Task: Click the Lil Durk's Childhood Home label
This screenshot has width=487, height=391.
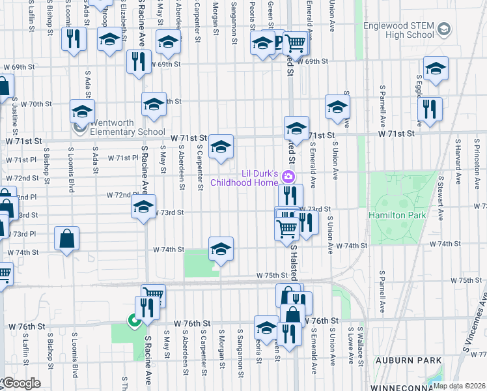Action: click(251, 178)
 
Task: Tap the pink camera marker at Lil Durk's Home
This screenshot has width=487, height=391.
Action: click(289, 177)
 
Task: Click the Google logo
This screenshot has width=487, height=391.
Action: click(21, 384)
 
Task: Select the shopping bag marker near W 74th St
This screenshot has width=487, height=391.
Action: click(67, 239)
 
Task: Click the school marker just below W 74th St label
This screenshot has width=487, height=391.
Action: click(221, 249)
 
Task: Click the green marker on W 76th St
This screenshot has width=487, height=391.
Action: click(133, 320)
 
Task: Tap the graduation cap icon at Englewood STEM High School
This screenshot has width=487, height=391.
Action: click(444, 29)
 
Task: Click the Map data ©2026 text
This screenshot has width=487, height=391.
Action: click(459, 385)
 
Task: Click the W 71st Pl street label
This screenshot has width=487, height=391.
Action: click(120, 158)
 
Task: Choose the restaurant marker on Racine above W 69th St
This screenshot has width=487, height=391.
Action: click(138, 62)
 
